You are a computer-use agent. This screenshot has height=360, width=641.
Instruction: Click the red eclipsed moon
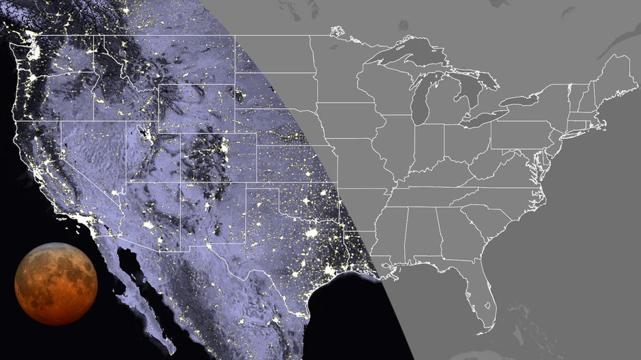click(x=56, y=283)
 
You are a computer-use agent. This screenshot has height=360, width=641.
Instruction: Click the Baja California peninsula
click(x=139, y=299)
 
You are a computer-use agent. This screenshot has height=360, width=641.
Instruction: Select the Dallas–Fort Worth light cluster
click(x=312, y=233)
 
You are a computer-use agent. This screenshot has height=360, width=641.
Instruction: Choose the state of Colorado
click(x=218, y=157)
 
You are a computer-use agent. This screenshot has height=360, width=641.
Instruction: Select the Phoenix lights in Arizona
click(x=148, y=224)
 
